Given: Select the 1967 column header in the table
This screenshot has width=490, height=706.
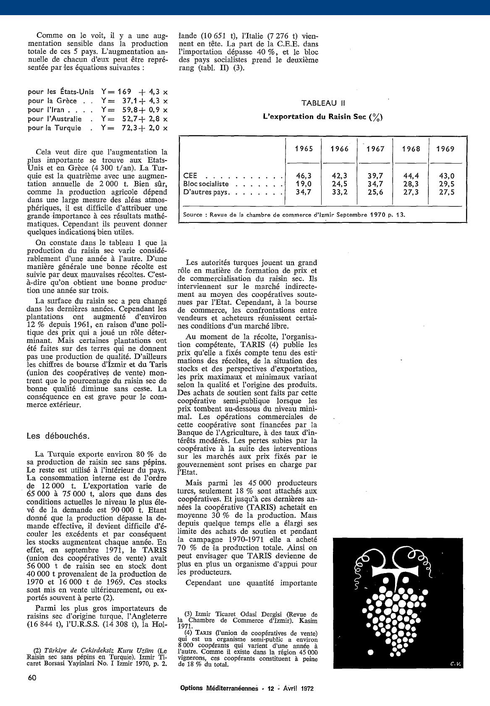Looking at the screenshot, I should (x=375, y=149).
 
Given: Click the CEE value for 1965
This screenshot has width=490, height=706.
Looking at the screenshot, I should (x=304, y=176).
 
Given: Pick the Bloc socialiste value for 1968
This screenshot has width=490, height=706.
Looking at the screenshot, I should (x=410, y=184).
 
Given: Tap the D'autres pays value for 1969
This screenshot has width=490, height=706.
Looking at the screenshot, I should (x=445, y=192).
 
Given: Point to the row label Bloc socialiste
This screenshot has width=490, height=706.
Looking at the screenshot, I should (x=206, y=184).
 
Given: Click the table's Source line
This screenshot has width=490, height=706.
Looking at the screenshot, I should (x=294, y=214).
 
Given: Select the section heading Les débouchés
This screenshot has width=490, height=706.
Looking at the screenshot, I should (x=58, y=436).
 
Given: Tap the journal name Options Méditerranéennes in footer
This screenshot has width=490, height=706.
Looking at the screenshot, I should (x=219, y=688).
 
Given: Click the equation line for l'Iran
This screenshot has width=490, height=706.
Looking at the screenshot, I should (x=98, y=110).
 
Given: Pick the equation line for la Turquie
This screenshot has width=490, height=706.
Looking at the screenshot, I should (x=98, y=128).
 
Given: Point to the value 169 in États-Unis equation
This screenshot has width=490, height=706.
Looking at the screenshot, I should (x=125, y=92).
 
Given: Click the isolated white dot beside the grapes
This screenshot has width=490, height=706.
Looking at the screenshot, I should (x=370, y=652).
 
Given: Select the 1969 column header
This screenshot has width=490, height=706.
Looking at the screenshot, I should (x=445, y=149).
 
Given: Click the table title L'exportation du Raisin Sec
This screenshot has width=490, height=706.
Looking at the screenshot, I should (x=322, y=117).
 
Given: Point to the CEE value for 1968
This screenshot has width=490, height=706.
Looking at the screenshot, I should (x=410, y=176).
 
